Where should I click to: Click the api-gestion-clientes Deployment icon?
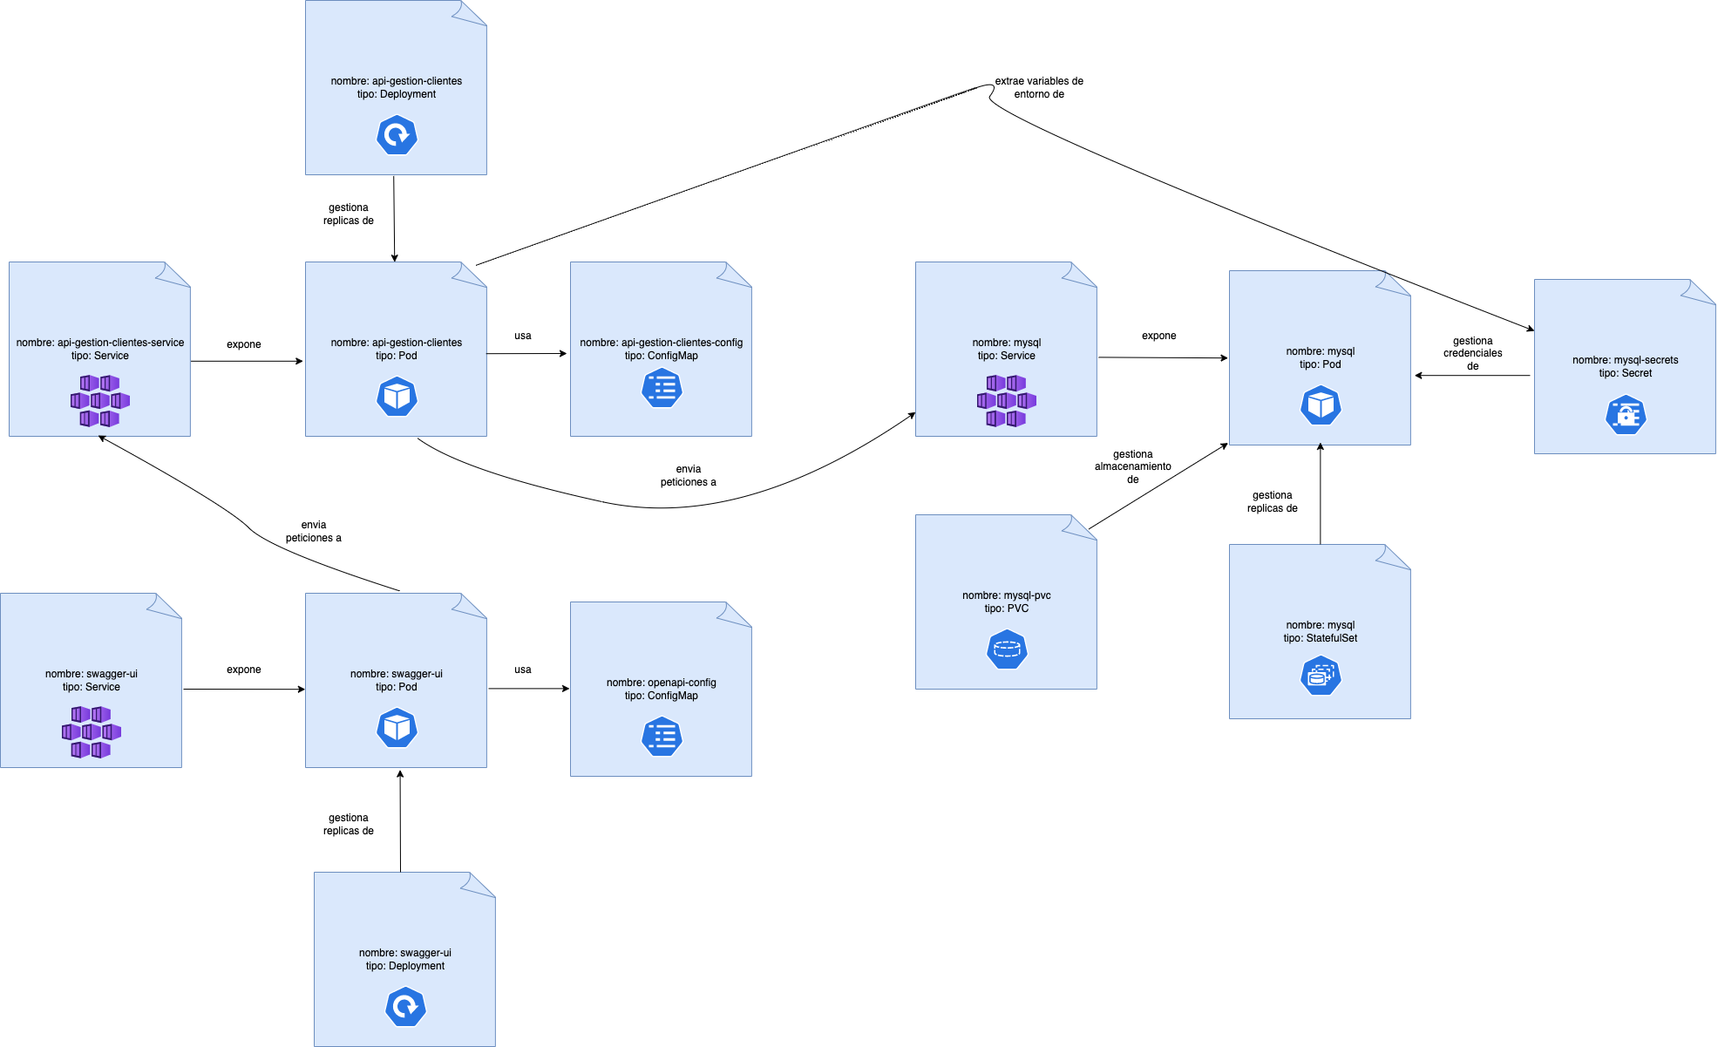click(x=397, y=136)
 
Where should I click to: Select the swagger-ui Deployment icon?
click(x=405, y=1008)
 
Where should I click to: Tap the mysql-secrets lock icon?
click(x=1626, y=415)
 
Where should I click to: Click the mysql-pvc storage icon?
click(x=1007, y=649)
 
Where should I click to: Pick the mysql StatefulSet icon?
click(x=1321, y=676)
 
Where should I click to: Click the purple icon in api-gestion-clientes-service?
click(x=100, y=401)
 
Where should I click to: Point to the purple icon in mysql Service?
click(x=1007, y=401)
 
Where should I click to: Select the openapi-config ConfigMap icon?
click(x=662, y=737)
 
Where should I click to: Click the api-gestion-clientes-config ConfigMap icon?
click(x=662, y=388)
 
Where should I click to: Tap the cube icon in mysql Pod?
click(x=1321, y=405)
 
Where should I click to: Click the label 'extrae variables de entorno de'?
click(x=1039, y=87)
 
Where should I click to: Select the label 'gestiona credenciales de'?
click(x=1472, y=353)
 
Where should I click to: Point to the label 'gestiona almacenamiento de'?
click(x=1132, y=466)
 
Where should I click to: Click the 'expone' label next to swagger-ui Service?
click(x=244, y=670)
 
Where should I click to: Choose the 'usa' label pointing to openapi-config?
click(x=523, y=670)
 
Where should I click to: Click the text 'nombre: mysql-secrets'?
click(x=1625, y=360)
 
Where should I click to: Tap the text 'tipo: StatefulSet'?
click(x=1320, y=638)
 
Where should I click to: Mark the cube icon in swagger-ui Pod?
click(x=397, y=728)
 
